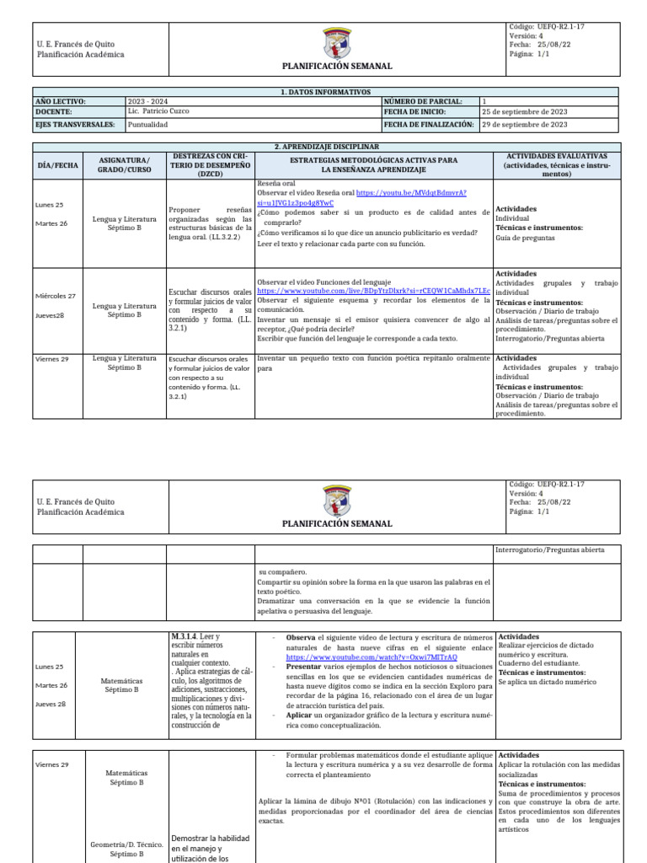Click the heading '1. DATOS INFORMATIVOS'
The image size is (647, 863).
pyautogui.click(x=323, y=91)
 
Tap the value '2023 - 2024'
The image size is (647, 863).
pyautogui.click(x=147, y=101)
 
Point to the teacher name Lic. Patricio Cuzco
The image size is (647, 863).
pyautogui.click(x=159, y=111)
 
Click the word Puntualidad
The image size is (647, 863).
pyautogui.click(x=147, y=124)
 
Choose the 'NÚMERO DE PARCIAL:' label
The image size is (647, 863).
pyautogui.click(x=420, y=101)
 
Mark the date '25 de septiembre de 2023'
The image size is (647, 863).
pyautogui.click(x=524, y=111)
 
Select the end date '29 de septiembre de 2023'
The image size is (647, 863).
pyautogui.click(x=524, y=124)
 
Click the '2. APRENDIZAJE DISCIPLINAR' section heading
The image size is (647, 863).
pyautogui.click(x=323, y=147)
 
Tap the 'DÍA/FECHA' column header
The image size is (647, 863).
pyautogui.click(x=57, y=165)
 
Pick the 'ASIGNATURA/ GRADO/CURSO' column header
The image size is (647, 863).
pyautogui.click(x=124, y=164)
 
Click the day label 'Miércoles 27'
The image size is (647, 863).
pyautogui.click(x=55, y=296)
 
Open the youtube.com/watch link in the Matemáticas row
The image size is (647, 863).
pyautogui.click(x=372, y=657)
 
